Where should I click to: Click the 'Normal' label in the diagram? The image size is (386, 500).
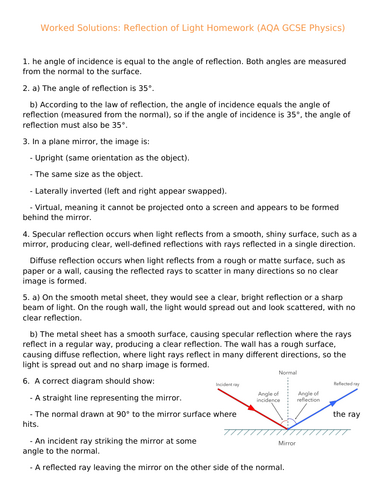point(289,373)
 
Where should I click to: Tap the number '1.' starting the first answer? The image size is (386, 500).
point(26,62)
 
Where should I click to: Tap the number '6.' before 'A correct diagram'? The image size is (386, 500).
point(26,382)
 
